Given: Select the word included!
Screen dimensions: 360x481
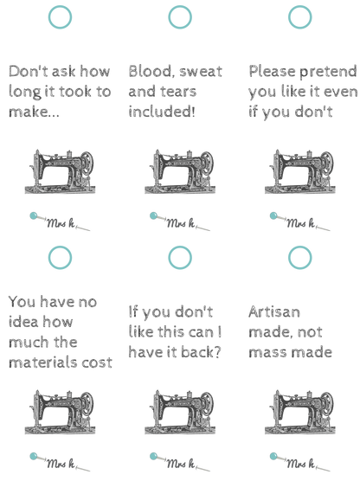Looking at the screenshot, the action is [162, 111].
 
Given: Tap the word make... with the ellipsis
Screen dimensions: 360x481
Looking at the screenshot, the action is [34, 112].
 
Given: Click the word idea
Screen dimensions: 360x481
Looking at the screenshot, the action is [23, 322].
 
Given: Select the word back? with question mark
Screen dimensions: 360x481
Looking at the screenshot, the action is [201, 352].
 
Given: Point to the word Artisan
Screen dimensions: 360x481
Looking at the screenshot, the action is [274, 312].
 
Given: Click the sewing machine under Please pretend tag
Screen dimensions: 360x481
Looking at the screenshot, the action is [299, 171].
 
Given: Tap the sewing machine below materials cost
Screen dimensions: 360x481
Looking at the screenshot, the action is [60, 412].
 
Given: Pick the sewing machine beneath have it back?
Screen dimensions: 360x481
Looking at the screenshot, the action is [180, 412].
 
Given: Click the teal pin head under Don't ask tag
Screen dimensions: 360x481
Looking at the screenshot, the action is [34, 215].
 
